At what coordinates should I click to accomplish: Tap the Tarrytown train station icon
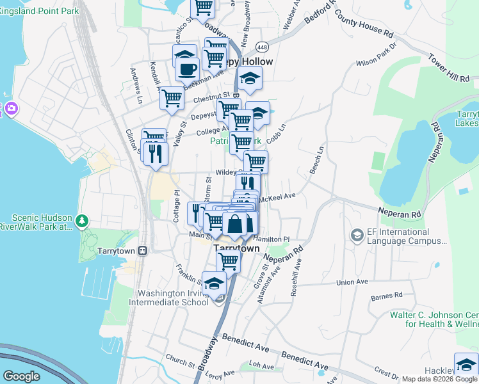coord(143,250)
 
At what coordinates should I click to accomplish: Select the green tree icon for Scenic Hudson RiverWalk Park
coord(81,221)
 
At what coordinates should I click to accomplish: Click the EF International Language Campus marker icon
coord(356,236)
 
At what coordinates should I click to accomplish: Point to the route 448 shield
coord(263,47)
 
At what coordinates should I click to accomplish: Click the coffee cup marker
coord(187,68)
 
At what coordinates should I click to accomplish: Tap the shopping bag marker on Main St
coord(236,223)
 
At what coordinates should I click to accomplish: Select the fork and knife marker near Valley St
coord(156,154)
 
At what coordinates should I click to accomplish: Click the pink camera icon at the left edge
coord(10,109)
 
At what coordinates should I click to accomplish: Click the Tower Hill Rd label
coord(450,68)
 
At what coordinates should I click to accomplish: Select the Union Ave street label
coord(352,282)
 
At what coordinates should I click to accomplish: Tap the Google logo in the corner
coord(21,376)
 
